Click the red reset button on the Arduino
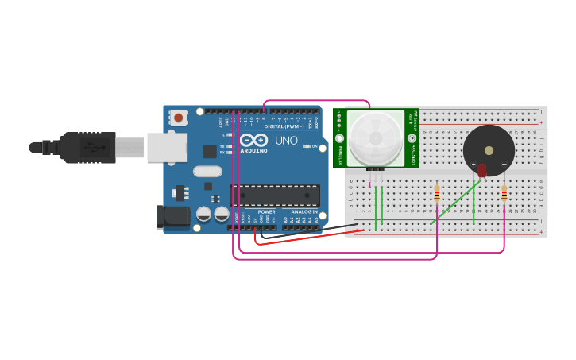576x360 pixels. [x=178, y=118]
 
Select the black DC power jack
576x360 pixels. [x=172, y=216]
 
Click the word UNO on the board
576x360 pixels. [x=286, y=141]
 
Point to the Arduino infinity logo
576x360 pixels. [x=253, y=140]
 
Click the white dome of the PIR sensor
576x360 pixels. [x=375, y=138]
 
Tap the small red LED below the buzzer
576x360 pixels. [x=482, y=170]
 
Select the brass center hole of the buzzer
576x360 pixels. [x=489, y=149]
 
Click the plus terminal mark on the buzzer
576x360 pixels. [x=474, y=165]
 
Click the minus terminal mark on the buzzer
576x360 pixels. [x=504, y=165]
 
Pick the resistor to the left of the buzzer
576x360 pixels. [x=436, y=195]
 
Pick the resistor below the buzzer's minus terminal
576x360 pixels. [x=504, y=195]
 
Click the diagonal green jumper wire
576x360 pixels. [x=455, y=203]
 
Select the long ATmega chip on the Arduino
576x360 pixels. [x=275, y=195]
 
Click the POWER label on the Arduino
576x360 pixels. [x=266, y=212]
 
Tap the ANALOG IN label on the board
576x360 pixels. [x=303, y=212]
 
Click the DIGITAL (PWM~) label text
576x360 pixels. [x=280, y=126]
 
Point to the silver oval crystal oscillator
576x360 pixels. [x=207, y=171]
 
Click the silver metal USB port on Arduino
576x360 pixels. [x=167, y=147]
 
